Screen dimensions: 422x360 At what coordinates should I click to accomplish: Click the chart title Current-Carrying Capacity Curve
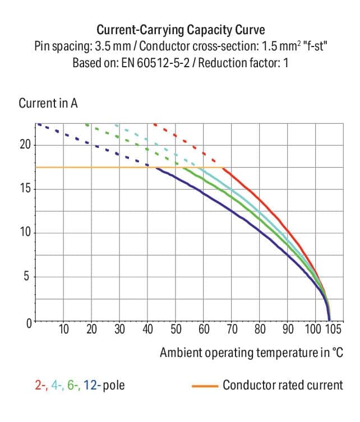[179, 29]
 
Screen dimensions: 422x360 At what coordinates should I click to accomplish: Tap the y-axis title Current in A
[48, 104]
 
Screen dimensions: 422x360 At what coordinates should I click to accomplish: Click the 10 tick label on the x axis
[64, 329]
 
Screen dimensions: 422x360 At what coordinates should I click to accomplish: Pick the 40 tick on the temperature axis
[148, 329]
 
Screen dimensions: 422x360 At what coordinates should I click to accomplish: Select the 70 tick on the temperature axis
[232, 329]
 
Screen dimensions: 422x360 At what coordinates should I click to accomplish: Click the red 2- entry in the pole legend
[40, 386]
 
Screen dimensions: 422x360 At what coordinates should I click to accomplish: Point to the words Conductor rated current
[282, 386]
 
